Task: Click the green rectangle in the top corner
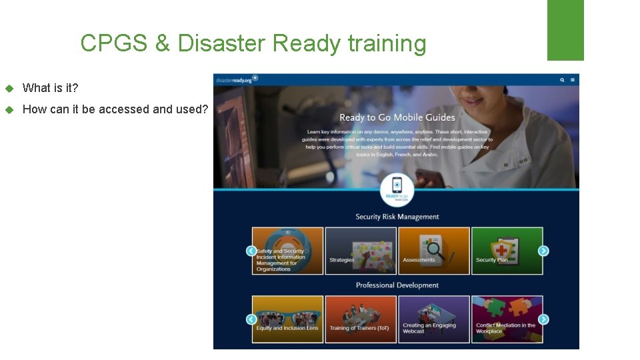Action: [565, 30]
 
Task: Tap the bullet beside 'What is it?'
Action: [9, 89]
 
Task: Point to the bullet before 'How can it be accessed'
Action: [9, 110]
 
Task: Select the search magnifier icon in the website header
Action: [562, 80]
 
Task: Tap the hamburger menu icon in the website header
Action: [573, 80]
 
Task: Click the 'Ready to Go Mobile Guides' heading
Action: [397, 118]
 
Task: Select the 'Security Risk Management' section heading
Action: [397, 217]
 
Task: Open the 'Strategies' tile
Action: [361, 251]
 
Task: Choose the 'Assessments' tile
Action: [434, 251]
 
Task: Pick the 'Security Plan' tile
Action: [507, 251]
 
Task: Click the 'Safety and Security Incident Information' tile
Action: [288, 251]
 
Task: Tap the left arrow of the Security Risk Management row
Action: [251, 251]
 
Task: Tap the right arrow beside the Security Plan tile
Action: [543, 251]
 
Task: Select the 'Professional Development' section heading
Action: [397, 285]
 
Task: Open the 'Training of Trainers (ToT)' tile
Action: [361, 319]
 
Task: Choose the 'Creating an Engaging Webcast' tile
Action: [434, 319]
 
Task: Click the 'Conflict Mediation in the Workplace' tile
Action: [507, 319]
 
